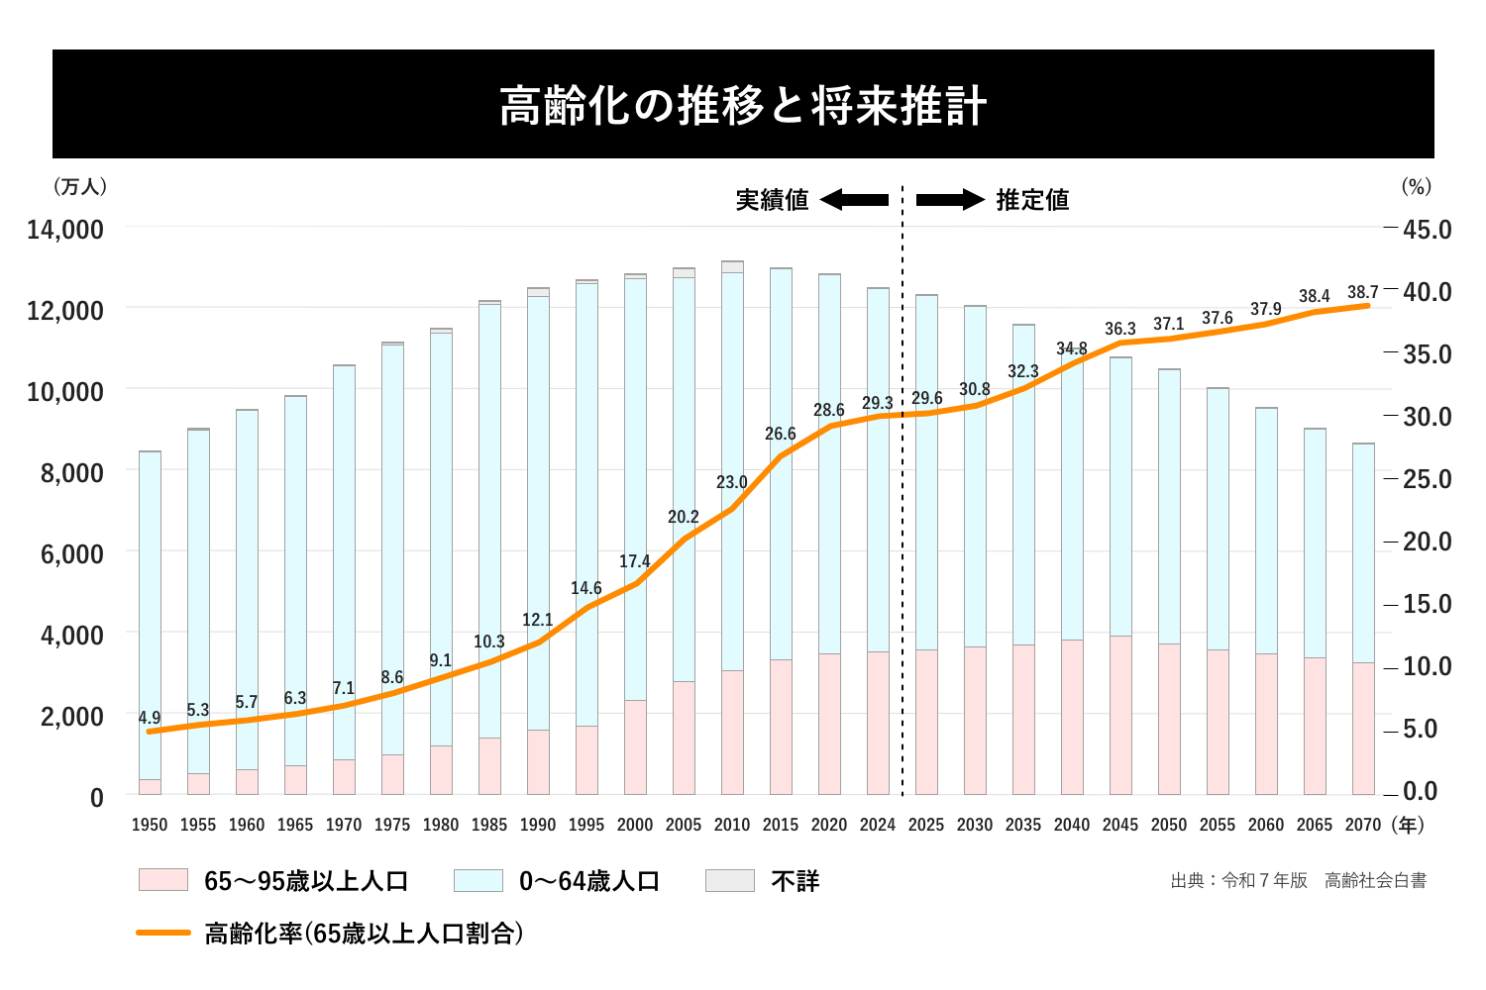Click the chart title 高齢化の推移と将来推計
click(x=743, y=106)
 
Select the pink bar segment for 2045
click(x=1120, y=715)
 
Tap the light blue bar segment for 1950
click(x=150, y=614)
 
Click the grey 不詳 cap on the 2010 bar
click(x=732, y=266)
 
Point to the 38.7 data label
click(x=1363, y=293)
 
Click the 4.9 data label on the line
click(x=150, y=718)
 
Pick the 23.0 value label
click(x=732, y=482)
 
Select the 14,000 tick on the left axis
click(x=65, y=230)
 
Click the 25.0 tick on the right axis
click(x=1427, y=479)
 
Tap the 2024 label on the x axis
click(x=878, y=825)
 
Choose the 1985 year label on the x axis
click(x=489, y=825)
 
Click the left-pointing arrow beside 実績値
click(x=854, y=200)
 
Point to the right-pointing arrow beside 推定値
click(x=950, y=200)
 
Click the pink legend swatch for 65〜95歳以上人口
click(x=163, y=880)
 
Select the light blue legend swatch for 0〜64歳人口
click(x=478, y=880)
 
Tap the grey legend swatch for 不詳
click(x=730, y=880)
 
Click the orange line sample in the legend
click(x=163, y=933)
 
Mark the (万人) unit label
click(x=81, y=187)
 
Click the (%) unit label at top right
click(x=1417, y=187)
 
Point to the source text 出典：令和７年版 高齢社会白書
click(x=1298, y=880)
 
